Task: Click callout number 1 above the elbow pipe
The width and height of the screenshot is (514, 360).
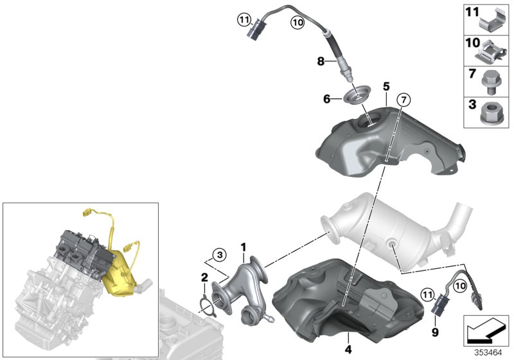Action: coord(244,246)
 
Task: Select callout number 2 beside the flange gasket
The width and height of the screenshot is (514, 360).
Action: coord(203,278)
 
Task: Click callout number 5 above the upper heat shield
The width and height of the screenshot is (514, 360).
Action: coord(386,85)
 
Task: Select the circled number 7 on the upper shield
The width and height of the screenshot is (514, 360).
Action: coord(403,100)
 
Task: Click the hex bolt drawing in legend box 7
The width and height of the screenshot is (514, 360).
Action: coord(492,82)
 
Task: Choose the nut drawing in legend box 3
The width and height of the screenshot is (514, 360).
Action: coord(492,113)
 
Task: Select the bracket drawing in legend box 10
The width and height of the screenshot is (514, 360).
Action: coord(493,50)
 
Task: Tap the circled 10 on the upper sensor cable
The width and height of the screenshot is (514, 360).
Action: coord(296,22)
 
